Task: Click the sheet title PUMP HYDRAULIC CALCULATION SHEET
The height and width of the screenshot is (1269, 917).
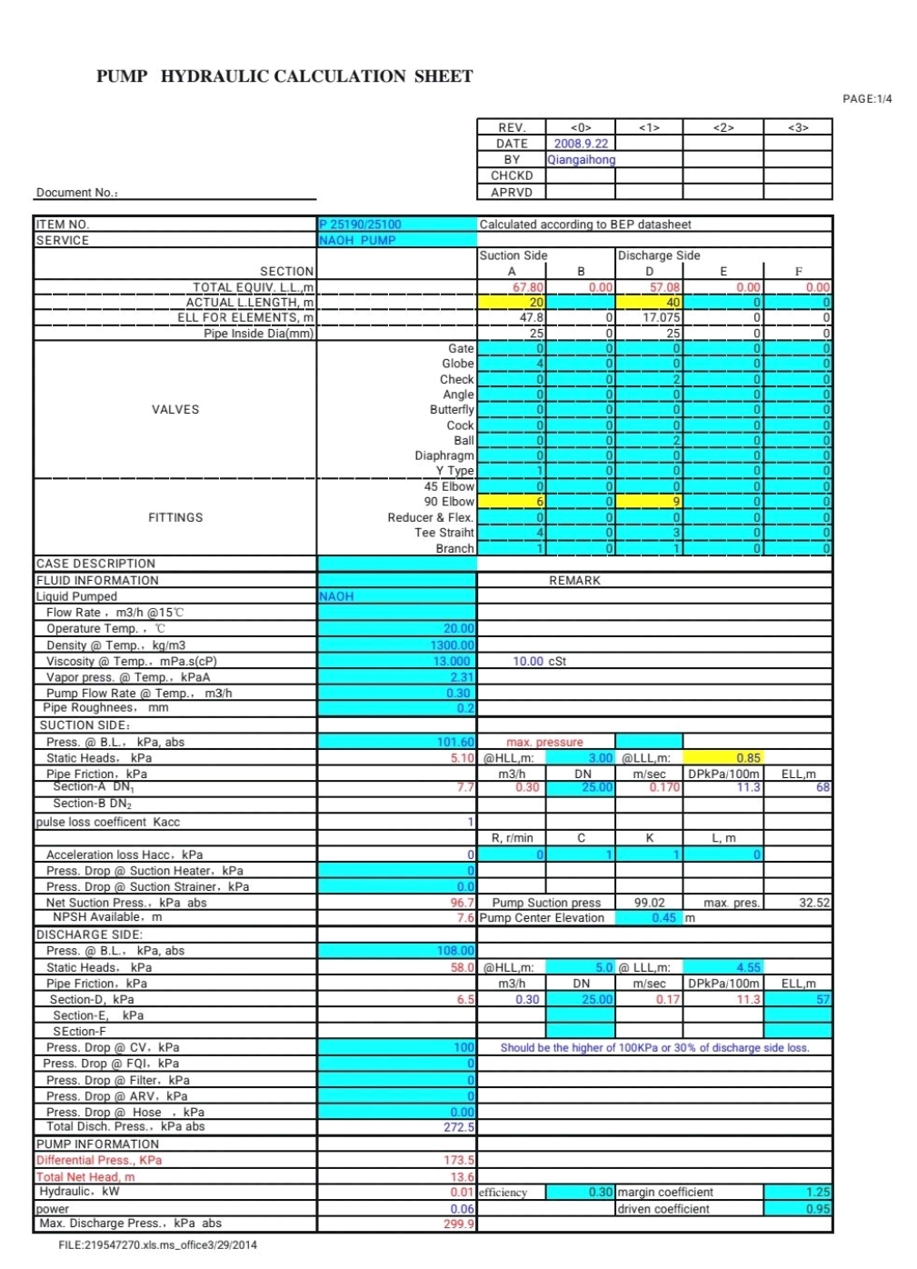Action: [284, 76]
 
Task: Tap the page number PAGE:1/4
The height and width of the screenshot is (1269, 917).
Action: [867, 99]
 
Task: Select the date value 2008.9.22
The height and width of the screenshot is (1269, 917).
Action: [581, 144]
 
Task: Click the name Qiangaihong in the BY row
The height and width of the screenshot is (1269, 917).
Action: [581, 160]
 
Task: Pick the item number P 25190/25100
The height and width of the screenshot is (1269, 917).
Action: [360, 225]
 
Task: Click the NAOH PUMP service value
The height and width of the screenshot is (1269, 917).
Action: [357, 241]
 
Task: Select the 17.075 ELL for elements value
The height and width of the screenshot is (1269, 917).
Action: [662, 318]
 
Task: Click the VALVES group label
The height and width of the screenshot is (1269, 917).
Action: [175, 410]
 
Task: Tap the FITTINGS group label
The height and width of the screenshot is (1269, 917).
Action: [175, 518]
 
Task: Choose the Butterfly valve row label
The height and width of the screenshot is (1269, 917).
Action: [452, 410]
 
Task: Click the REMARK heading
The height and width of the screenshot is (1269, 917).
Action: [574, 581]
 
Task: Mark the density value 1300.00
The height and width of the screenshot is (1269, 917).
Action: [452, 645]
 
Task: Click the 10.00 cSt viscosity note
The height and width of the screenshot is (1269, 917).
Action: [539, 662]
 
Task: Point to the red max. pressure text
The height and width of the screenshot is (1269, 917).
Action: [544, 743]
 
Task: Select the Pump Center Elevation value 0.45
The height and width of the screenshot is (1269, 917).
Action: [663, 918]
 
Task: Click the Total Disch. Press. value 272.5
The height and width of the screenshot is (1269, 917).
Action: [459, 1127]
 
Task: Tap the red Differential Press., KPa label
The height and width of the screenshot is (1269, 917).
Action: [99, 1161]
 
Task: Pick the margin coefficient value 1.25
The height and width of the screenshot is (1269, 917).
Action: [817, 1193]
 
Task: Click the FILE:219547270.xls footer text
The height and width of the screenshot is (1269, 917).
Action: [157, 1245]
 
